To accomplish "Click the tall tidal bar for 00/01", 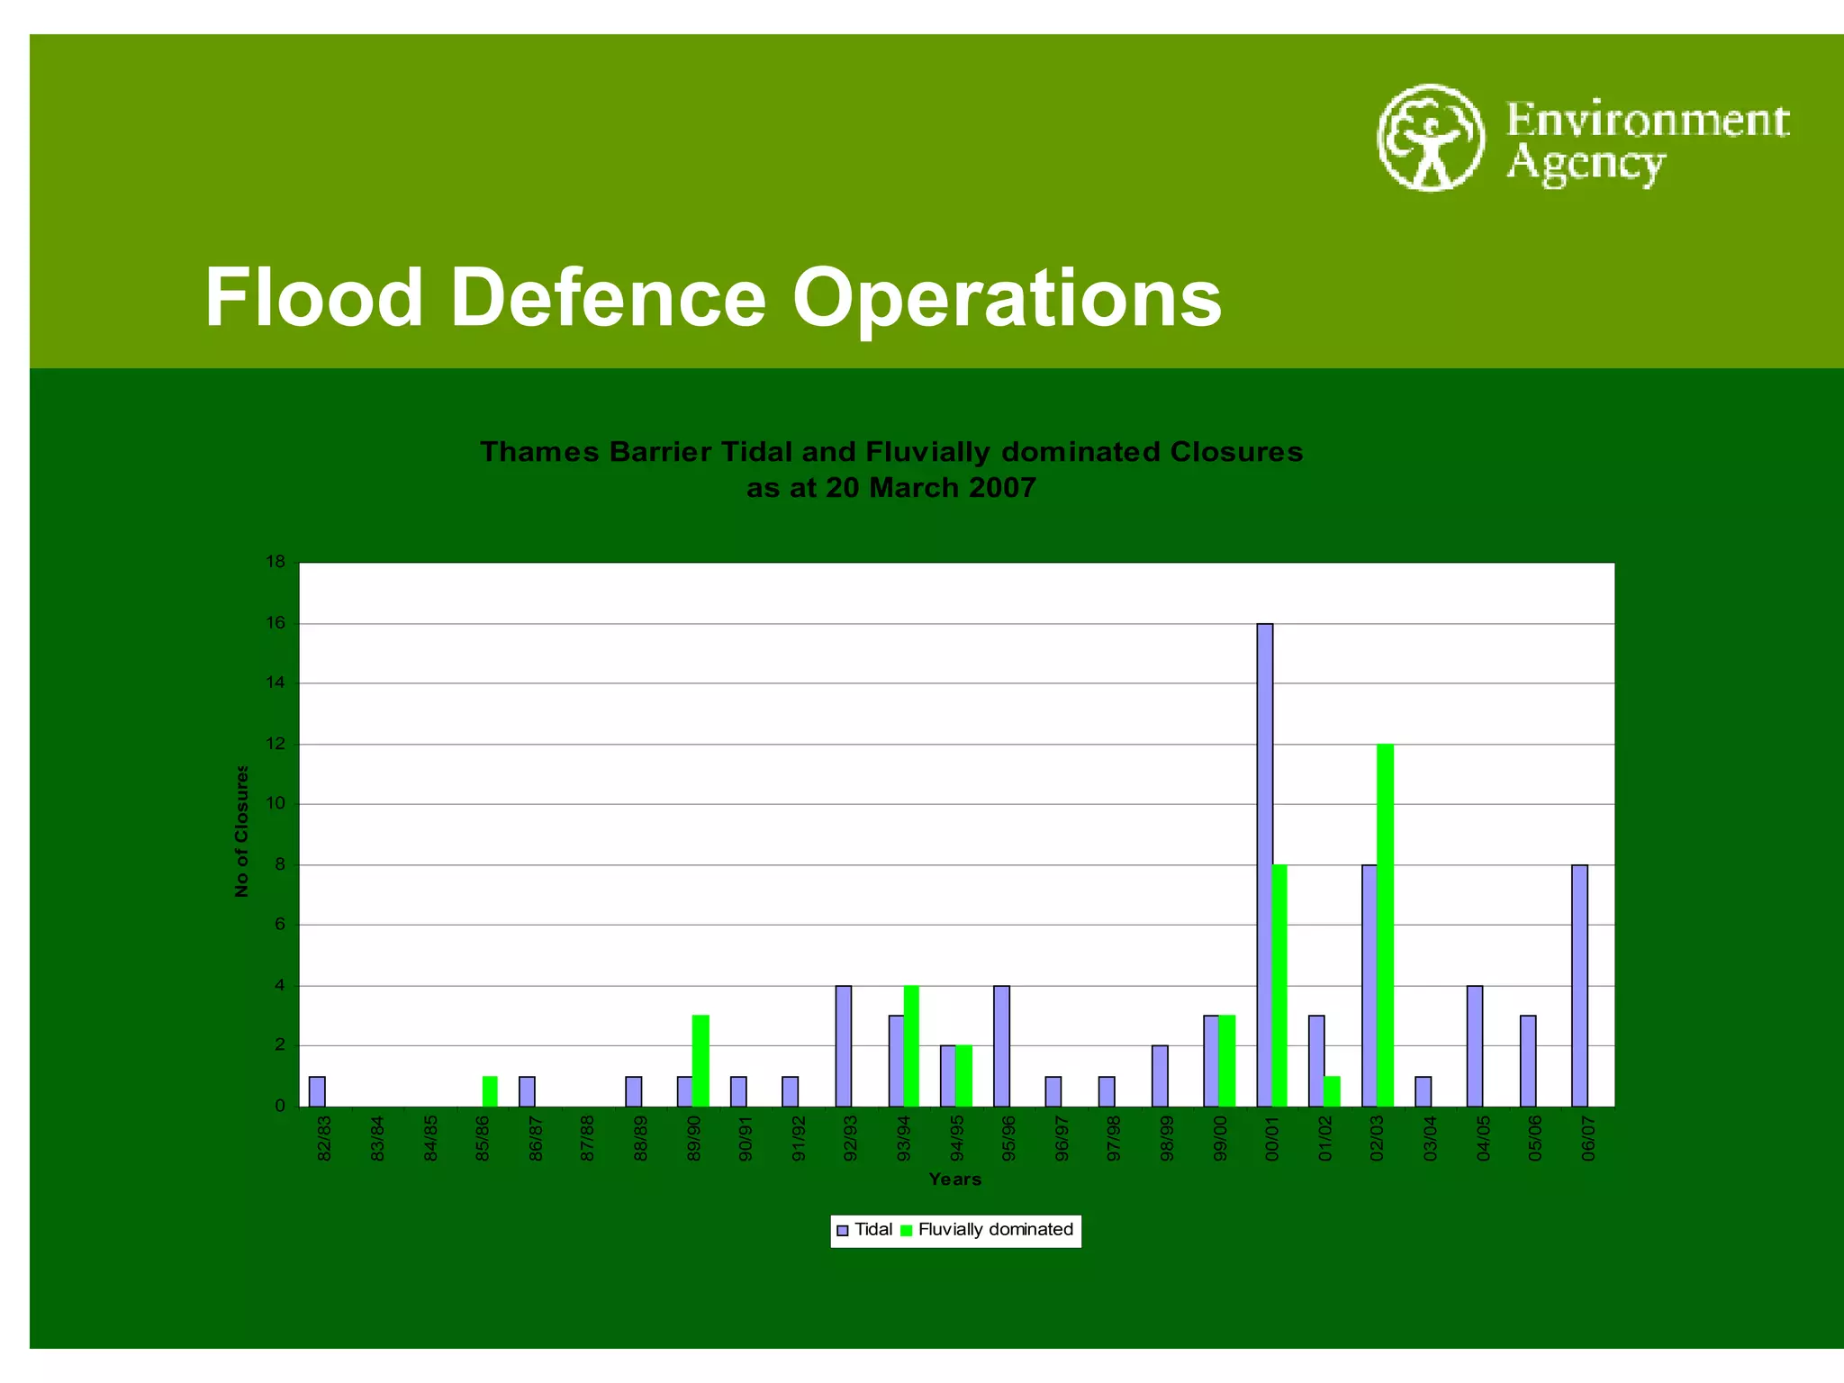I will click(1264, 864).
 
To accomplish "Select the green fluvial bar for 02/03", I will click(1385, 925).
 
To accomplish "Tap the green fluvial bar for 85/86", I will click(490, 1090).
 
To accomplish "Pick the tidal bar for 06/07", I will click(1579, 985).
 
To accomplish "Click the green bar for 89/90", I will click(701, 1061).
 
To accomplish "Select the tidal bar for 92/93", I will click(843, 1045).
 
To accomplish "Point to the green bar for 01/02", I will click(1332, 1090).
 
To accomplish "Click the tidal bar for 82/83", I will click(317, 1090).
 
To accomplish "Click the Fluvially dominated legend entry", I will click(989, 1230).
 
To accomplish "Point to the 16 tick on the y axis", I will click(276, 623).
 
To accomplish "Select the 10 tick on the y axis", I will click(276, 803).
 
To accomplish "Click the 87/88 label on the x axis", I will click(588, 1138).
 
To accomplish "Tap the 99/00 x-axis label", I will click(1220, 1138).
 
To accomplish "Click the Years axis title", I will click(954, 1179).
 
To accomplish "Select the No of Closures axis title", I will click(241, 830).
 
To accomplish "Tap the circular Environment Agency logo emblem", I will click(1430, 138).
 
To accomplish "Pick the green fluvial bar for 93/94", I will click(911, 1045).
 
